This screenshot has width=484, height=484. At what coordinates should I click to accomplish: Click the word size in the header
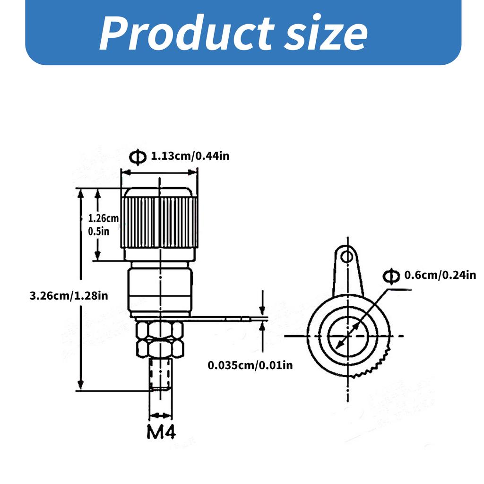coord(326,34)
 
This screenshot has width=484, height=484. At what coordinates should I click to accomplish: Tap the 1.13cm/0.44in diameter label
coord(190,156)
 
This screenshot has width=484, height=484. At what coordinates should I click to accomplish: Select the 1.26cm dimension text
coord(104,218)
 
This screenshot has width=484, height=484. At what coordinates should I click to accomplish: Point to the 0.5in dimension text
coord(99,231)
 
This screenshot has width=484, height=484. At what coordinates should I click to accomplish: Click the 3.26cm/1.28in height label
coord(69,296)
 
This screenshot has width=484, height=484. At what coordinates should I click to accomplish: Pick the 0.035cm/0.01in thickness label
coord(251,365)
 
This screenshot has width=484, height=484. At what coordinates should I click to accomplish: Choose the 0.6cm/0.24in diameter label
coord(440,275)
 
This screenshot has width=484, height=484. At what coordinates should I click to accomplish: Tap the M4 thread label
coord(161,432)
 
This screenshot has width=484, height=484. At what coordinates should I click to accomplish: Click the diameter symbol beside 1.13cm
coord(138,157)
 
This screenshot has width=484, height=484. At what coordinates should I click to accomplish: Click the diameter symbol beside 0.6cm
coord(391,276)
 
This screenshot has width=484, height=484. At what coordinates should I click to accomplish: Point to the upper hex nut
coord(160,329)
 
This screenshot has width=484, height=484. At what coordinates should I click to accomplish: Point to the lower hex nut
coord(160,348)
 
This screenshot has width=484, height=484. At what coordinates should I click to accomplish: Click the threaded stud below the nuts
coord(160,374)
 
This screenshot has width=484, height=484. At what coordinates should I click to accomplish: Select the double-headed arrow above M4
coord(160,415)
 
